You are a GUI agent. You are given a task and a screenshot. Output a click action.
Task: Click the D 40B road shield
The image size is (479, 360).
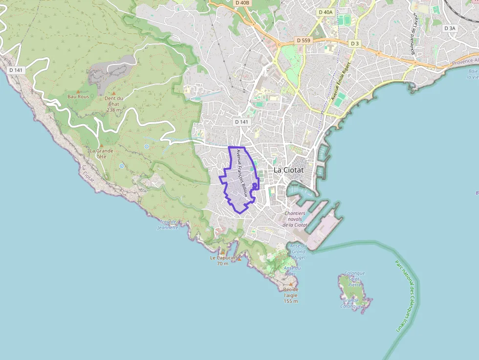pos(242,3)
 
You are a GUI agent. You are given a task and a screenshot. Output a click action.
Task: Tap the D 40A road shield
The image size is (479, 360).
pos(325,12)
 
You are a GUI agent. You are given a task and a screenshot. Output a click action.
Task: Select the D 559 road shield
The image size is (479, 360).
pos(303,40)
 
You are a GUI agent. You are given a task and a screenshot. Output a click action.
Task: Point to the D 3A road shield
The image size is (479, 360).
pos(450,28)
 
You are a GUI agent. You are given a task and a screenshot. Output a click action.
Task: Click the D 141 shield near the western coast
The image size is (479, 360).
pos(16,70)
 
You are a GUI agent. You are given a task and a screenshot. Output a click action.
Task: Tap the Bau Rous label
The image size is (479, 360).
pos(78,97)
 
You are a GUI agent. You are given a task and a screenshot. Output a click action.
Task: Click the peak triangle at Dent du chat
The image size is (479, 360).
pos(113,93)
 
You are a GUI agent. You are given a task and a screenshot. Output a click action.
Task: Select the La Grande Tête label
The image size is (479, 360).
pos(101,153)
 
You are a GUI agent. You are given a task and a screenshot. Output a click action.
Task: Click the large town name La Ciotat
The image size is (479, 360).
pos(288,170)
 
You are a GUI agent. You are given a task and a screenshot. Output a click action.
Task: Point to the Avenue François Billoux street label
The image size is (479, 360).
pos(242,172)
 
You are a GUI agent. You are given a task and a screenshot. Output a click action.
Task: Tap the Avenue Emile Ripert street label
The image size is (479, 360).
pos(341,82)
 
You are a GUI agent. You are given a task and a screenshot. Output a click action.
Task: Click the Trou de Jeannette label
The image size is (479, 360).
pos(168,225)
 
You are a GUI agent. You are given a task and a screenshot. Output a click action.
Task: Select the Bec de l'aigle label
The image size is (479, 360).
pos(291,295)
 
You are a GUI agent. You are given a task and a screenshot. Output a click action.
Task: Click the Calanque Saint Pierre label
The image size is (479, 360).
pos(355,279)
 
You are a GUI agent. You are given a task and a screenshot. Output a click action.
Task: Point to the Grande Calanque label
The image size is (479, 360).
pos(350,303)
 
